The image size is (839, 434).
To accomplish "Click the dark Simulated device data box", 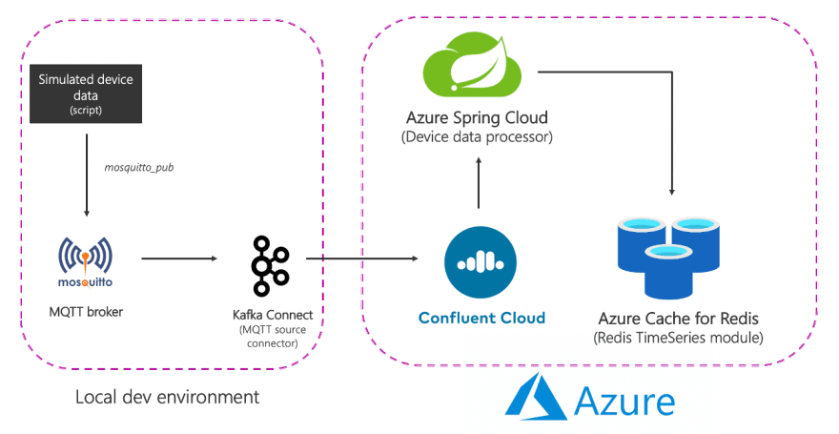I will [86, 94].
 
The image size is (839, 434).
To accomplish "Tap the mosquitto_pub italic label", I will [139, 166].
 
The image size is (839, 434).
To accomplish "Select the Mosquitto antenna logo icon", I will [86, 257].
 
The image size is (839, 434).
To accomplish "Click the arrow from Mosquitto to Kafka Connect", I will [178, 258].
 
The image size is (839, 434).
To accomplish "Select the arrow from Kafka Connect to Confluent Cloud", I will [363, 258].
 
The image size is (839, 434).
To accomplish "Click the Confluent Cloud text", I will [481, 318].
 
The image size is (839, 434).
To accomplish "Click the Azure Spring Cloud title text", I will [478, 118].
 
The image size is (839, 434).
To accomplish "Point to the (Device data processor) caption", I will [478, 137].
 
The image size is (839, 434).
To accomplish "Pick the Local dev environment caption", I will [167, 395].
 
